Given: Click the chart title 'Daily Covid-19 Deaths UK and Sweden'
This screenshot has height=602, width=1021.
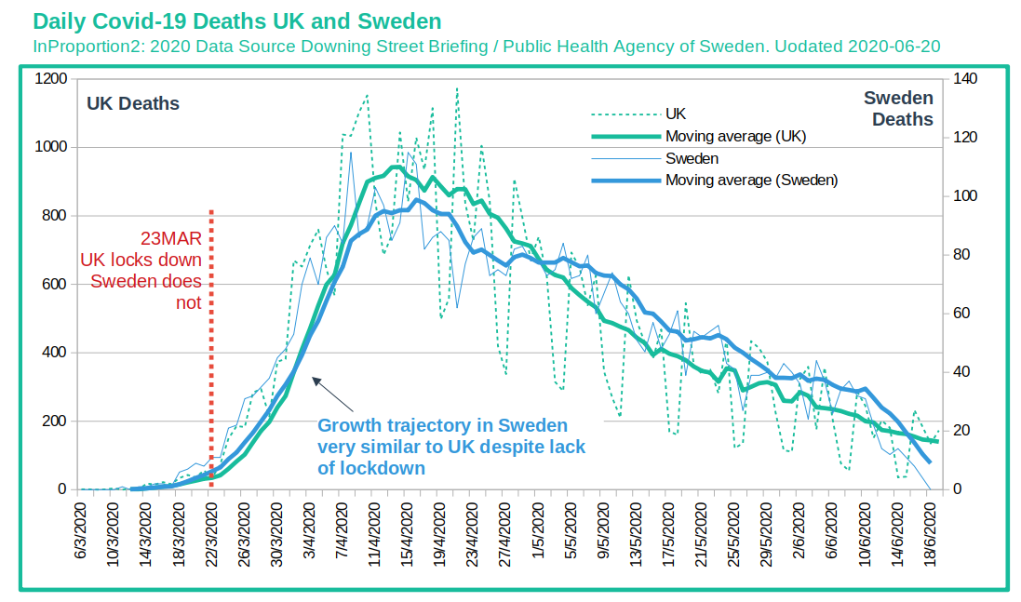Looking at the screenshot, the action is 237,21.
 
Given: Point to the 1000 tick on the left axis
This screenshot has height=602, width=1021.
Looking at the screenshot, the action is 51,147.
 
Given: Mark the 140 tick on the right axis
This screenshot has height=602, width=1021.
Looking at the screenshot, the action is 965,79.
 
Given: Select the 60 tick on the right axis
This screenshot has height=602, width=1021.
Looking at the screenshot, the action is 961,313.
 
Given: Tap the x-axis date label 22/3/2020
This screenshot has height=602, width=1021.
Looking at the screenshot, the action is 211,533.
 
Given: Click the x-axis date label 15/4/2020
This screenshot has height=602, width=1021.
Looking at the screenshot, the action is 407,533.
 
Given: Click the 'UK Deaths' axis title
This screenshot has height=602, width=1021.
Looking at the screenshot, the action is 133,103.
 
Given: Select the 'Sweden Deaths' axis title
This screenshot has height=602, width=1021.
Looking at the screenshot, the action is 898,109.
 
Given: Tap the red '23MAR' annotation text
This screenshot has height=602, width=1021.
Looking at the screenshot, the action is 171,238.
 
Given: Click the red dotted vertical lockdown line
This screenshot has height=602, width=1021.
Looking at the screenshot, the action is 211,348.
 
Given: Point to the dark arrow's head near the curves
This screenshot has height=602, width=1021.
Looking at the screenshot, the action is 314,379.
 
